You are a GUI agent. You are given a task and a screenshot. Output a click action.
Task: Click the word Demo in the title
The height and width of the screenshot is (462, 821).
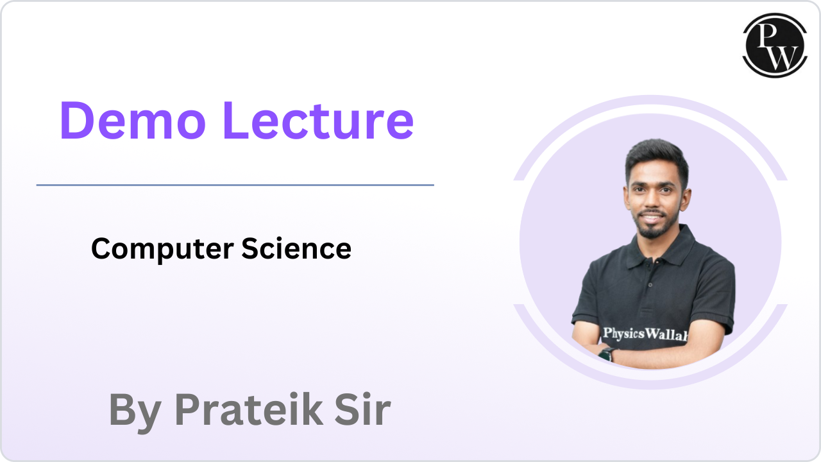click(135, 121)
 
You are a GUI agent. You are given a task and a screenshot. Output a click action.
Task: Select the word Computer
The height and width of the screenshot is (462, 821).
click(162, 249)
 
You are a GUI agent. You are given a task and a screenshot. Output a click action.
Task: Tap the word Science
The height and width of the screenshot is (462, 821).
click(296, 248)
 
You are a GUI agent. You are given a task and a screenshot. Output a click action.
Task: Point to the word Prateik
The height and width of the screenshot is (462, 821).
click(249, 409)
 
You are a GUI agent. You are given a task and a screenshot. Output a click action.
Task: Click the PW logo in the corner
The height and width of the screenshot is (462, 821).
click(774, 45)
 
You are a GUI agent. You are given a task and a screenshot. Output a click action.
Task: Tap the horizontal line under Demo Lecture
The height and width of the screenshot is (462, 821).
click(235, 185)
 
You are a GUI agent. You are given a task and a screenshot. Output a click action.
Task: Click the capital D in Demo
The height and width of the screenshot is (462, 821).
click(77, 121)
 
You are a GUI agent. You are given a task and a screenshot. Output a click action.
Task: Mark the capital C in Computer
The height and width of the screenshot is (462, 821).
click(101, 249)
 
